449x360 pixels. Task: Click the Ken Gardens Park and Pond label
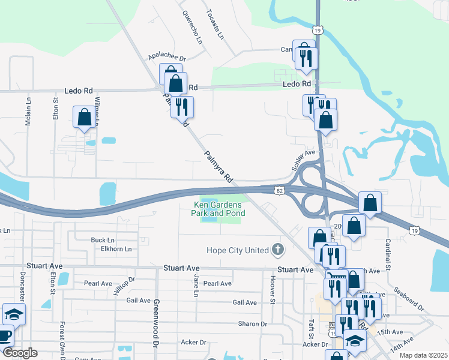[x=218, y=209]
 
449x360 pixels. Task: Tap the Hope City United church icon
[x=277, y=249]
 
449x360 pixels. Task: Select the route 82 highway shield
[x=280, y=189]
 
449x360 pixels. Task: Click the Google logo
[x=20, y=353]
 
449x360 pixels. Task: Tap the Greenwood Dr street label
[x=156, y=323]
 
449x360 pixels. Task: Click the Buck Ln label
[x=103, y=240]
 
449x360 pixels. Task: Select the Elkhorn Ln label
[x=116, y=248]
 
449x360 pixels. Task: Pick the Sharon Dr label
[x=252, y=323]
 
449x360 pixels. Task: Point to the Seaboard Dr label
[x=409, y=298]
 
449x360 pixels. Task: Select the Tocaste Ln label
[x=214, y=25]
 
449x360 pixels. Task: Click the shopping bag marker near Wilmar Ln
[x=84, y=116]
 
